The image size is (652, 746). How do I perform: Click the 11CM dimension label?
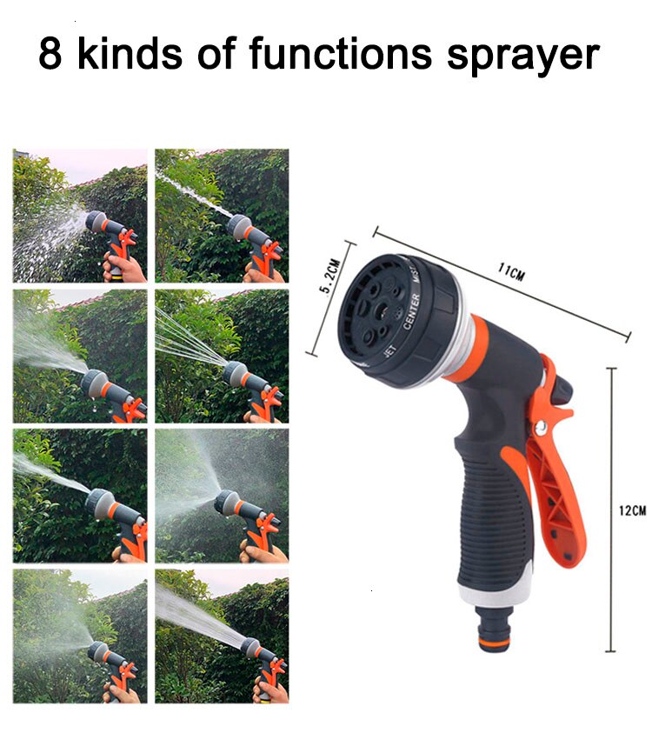pos(511,273)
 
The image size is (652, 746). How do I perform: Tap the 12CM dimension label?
pos(632,510)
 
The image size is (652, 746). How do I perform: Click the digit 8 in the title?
pos(50,54)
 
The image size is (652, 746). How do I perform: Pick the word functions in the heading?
pos(341,54)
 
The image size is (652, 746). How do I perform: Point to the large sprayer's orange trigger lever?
pos(556,487)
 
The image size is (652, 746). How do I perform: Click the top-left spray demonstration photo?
pos(80,216)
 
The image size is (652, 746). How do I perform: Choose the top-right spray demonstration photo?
pos(222,216)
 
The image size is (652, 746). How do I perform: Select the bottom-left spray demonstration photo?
pos(80,636)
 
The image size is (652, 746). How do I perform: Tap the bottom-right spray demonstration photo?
pos(222,636)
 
